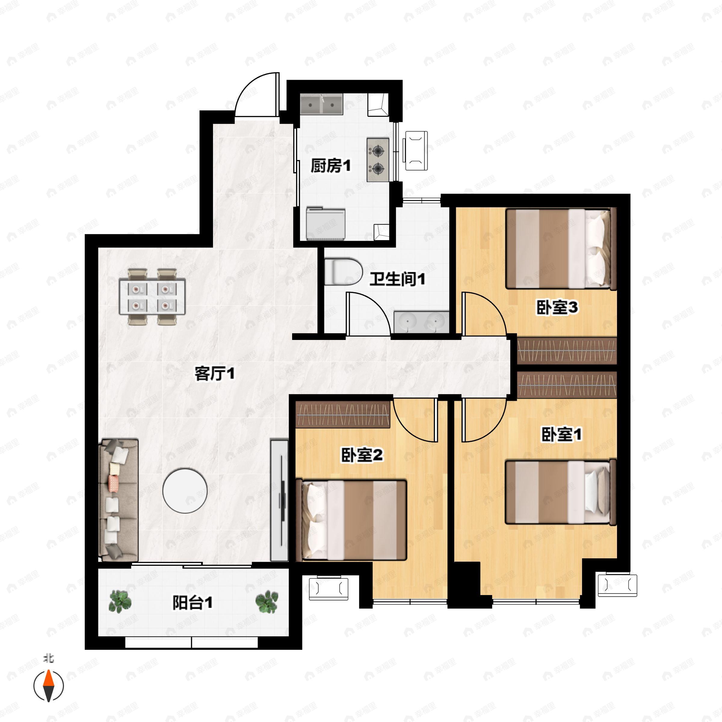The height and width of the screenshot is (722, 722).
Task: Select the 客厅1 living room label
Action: click(x=214, y=373)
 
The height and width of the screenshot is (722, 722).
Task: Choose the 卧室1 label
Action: click(x=561, y=434)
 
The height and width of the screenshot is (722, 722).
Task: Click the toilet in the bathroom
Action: click(x=343, y=272)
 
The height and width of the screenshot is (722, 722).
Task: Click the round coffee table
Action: click(x=185, y=491)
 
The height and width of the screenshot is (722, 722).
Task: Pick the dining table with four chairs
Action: click(x=152, y=296)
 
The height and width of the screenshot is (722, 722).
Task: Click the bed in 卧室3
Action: click(x=560, y=249)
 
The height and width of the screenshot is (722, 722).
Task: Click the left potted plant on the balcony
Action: click(x=120, y=601)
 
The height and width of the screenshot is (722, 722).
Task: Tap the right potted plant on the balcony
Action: click(x=267, y=601)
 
